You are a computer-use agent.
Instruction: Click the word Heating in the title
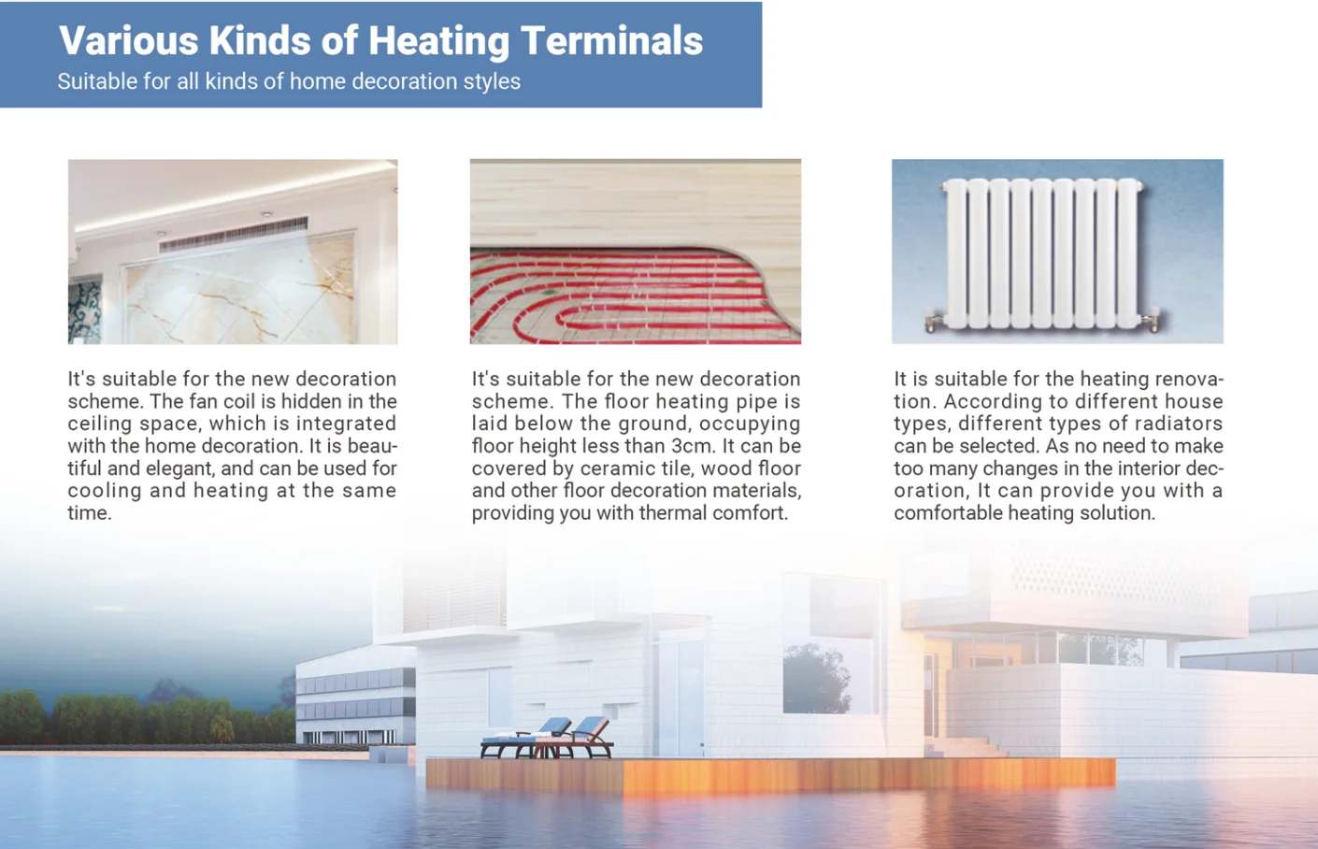[x=438, y=42]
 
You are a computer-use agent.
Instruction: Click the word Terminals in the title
[x=611, y=40]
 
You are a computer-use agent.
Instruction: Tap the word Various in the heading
[x=128, y=40]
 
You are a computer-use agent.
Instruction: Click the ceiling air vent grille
[x=234, y=234]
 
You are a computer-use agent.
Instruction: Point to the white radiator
[x=1042, y=253]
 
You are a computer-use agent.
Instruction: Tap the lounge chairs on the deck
[x=547, y=737]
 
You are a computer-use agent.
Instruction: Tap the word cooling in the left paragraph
[x=105, y=492]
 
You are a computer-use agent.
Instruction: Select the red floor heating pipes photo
[x=636, y=252]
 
